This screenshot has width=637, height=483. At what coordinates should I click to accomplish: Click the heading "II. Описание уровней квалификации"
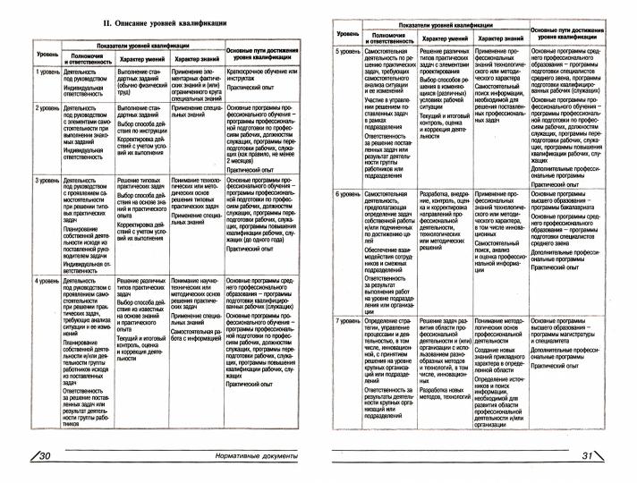tap(165, 21)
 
